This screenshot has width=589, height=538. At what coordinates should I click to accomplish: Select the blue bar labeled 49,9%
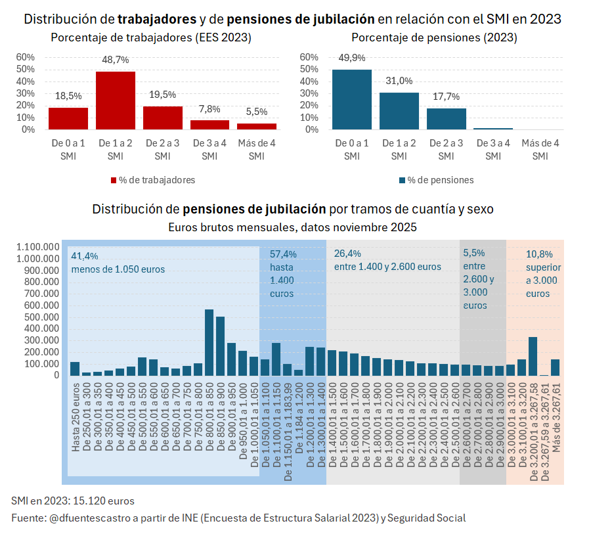pos(352,99)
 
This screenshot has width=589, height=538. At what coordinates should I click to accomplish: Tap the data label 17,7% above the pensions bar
pos(446,97)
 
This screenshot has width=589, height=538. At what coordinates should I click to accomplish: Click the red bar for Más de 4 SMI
pos(257,126)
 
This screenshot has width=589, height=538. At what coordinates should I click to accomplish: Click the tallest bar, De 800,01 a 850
pos(209,342)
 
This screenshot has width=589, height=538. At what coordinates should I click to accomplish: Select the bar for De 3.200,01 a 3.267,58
pos(533,356)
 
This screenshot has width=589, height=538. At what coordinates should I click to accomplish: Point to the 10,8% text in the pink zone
pos(539,254)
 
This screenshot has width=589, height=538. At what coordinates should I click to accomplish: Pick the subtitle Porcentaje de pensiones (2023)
pos(434,38)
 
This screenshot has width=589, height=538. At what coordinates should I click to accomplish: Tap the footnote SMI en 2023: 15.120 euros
pos(73,501)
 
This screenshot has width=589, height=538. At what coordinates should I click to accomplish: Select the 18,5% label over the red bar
pos(68,96)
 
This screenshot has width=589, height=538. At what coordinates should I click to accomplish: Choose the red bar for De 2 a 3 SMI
pos(163,118)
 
